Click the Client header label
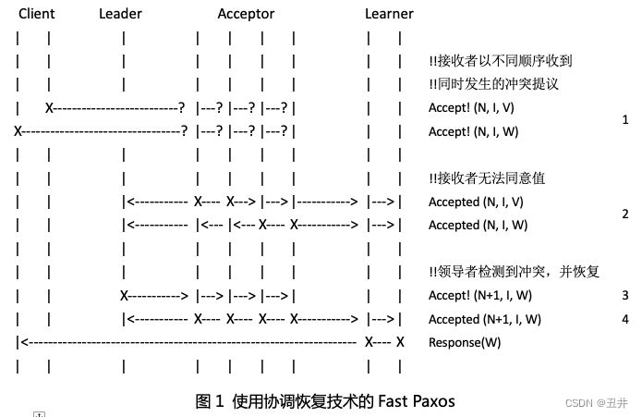37,14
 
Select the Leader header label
119,14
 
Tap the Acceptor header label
246,14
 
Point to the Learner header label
389,14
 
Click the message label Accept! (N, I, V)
474,108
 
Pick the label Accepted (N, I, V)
478,202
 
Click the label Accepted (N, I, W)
478,226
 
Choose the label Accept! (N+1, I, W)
480,296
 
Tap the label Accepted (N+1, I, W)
485,319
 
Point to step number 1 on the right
625,120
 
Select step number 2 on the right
625,214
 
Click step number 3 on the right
625,296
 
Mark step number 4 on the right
625,319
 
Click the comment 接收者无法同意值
491,178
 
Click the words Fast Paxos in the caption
415,401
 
